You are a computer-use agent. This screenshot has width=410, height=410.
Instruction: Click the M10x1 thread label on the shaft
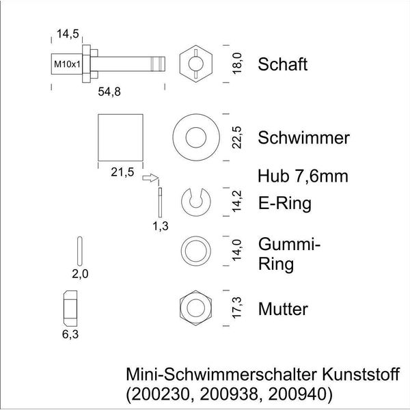pos(67,64)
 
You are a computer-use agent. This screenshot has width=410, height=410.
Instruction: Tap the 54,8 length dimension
pos(109,92)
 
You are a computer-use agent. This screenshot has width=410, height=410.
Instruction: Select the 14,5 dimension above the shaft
pos(68,33)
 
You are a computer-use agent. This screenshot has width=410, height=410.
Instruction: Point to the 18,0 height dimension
pos(237,64)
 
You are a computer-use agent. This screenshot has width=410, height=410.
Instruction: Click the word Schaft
pos(283,64)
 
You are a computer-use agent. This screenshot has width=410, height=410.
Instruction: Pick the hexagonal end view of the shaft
pos(196,64)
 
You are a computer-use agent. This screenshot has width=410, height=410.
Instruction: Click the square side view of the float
pos(120,137)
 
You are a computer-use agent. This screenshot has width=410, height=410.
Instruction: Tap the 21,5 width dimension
pos(122,172)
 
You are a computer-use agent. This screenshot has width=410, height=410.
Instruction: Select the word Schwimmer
pos(303,137)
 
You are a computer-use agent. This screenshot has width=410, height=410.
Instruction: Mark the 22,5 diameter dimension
pos(237,137)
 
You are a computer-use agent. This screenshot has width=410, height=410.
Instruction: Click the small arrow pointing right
pos(150,178)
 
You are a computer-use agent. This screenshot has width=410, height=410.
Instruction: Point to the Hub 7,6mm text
pos(303,176)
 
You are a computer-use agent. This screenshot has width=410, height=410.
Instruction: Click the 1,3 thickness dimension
pos(161,226)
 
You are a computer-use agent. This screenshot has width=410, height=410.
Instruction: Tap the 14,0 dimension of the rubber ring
pos(237,251)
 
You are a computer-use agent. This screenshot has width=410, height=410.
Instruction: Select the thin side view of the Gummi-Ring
pos(80,251)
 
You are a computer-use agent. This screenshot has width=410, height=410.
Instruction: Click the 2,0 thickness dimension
pos(80,274)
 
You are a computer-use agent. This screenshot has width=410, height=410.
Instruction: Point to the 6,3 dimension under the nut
pos(70,334)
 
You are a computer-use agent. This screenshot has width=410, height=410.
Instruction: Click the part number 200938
pos(228,394)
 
